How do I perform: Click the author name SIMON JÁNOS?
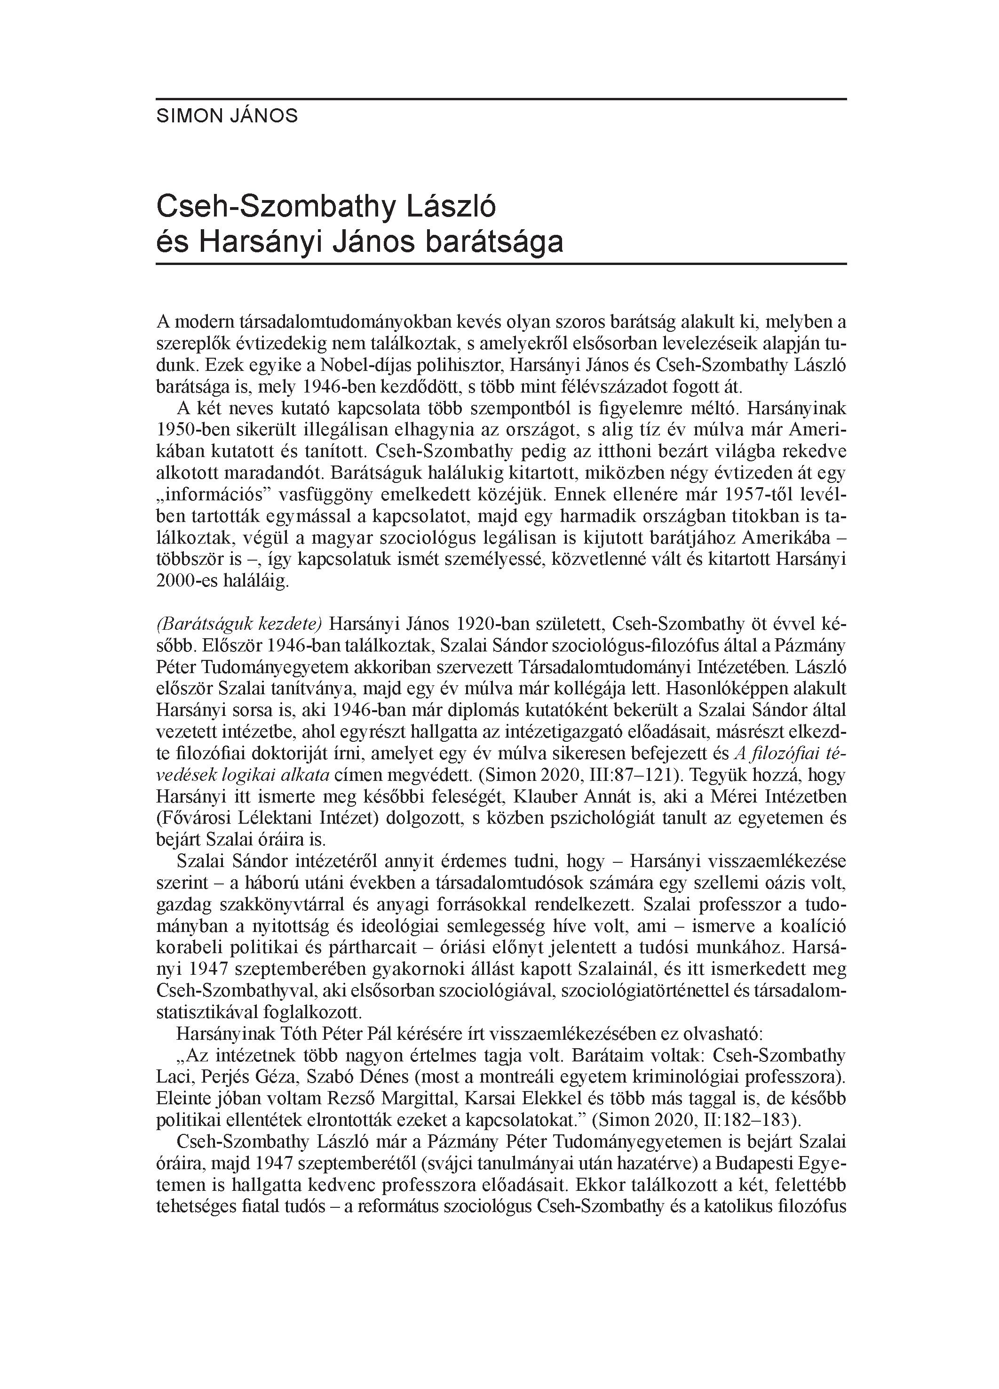[227, 116]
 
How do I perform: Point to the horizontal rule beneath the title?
[501, 264]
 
